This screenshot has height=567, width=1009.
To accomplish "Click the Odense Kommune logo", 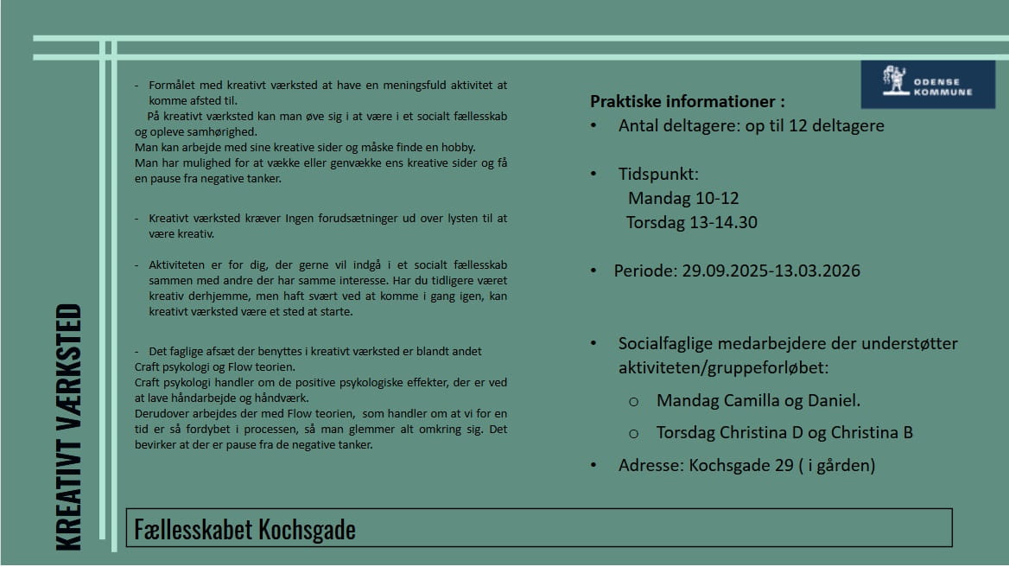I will (x=928, y=84).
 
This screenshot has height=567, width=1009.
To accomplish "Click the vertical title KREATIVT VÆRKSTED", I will (x=68, y=427).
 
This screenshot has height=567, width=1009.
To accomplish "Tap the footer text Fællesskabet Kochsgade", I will (x=244, y=529).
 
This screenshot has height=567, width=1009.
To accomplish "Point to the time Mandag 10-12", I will (x=683, y=198).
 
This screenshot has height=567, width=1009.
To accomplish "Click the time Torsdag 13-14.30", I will (x=691, y=222).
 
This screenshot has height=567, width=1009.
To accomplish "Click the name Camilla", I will (x=746, y=400).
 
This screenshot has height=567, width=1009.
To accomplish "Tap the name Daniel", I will (x=831, y=400).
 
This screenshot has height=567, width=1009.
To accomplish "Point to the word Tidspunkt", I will (x=658, y=174).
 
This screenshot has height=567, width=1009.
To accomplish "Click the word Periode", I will (x=644, y=271).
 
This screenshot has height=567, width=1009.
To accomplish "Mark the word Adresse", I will (x=650, y=465).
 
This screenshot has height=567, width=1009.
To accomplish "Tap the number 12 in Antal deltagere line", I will (x=795, y=125).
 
